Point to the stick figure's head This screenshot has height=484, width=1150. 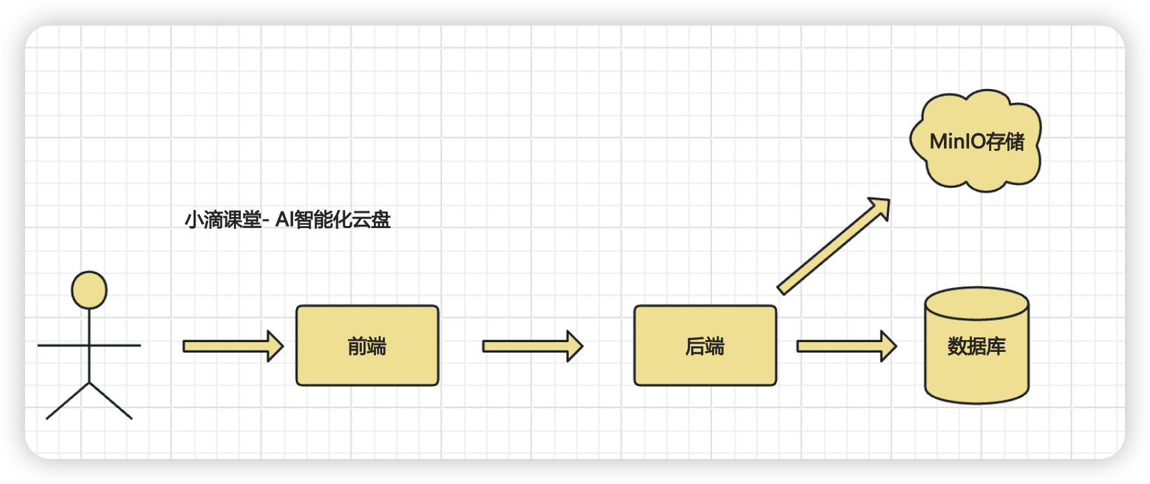click(x=89, y=290)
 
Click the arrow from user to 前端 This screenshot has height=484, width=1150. click(x=233, y=346)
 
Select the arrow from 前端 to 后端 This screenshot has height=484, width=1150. click(x=532, y=346)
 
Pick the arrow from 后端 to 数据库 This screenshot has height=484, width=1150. click(x=846, y=346)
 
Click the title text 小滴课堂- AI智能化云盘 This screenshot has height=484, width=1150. click(x=287, y=220)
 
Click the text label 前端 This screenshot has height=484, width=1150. click(x=367, y=346)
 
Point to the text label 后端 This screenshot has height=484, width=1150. click(x=704, y=346)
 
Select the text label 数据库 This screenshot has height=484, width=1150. click(x=976, y=346)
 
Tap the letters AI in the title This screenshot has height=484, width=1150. click(x=285, y=220)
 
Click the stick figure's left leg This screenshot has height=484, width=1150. click(x=68, y=401)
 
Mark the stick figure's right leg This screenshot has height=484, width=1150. click(x=111, y=401)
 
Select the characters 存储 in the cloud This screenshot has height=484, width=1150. click(x=1005, y=142)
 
